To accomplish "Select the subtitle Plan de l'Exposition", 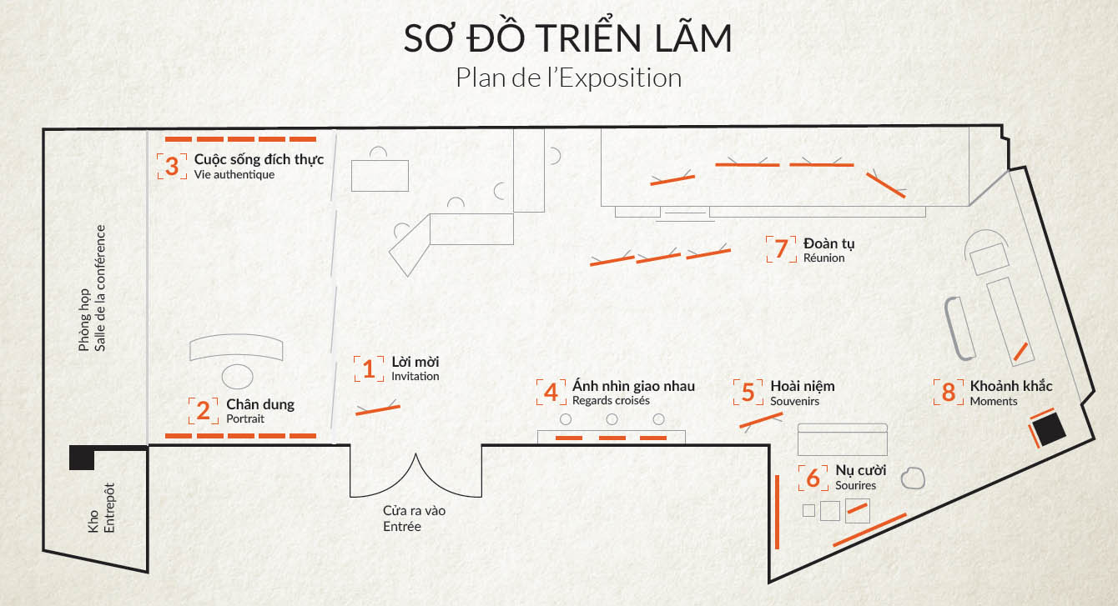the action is pyautogui.click(x=568, y=78).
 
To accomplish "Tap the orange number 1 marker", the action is pyautogui.click(x=369, y=369).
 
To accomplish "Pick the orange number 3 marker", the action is pyautogui.click(x=172, y=166).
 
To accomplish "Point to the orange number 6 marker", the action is pyautogui.click(x=813, y=478).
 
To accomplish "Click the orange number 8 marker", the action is pyautogui.click(x=949, y=392).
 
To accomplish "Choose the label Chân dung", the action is pyautogui.click(x=260, y=404).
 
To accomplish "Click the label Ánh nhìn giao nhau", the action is pyautogui.click(x=633, y=386).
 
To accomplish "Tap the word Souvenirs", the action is pyautogui.click(x=794, y=401).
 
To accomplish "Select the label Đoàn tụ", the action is pyautogui.click(x=828, y=243).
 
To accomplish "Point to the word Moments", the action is pyautogui.click(x=993, y=401).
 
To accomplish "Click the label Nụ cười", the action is pyautogui.click(x=860, y=470).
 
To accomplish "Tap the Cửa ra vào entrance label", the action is pyautogui.click(x=414, y=510).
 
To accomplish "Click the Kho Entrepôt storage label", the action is pyautogui.click(x=101, y=508).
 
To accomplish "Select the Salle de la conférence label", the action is pyautogui.click(x=100, y=288).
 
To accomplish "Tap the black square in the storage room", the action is pyautogui.click(x=82, y=458).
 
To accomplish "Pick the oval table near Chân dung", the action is pyautogui.click(x=237, y=377).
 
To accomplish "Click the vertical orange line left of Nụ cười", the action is pyautogui.click(x=777, y=513).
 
